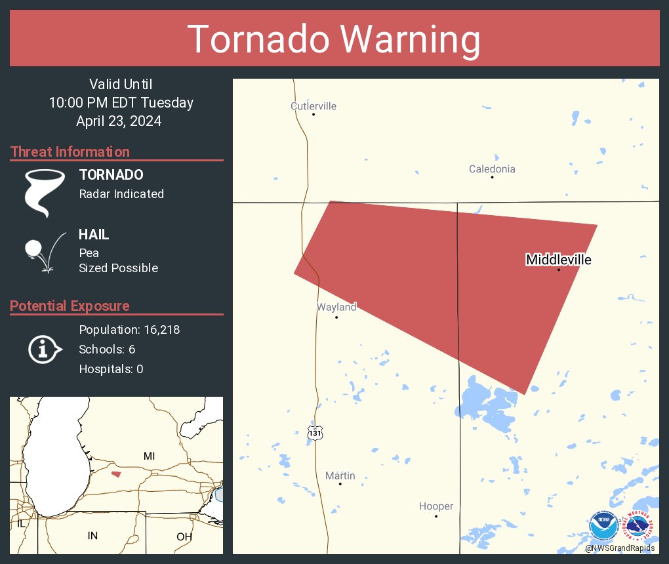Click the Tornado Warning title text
[334, 39]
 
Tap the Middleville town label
[558, 260]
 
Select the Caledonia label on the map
[492, 169]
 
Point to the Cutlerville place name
[314, 106]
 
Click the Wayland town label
[336, 307]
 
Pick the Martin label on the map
[340, 475]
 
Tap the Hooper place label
[436, 506]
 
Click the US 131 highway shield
[315, 432]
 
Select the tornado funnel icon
[44, 192]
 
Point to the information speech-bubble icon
[44, 350]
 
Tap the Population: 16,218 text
[129, 330]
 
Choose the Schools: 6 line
[107, 350]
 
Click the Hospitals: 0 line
[111, 369]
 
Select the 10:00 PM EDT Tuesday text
[121, 103]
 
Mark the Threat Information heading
[70, 152]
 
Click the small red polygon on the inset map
[116, 474]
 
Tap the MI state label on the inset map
[149, 456]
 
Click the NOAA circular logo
[602, 525]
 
